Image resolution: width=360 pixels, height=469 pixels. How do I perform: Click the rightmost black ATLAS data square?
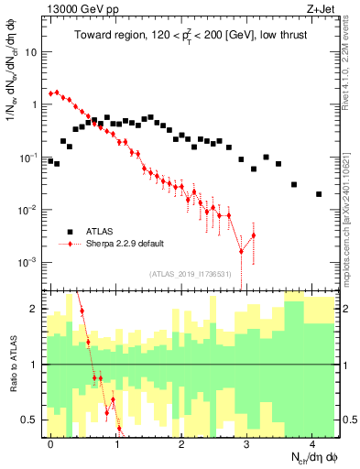(319, 194)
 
